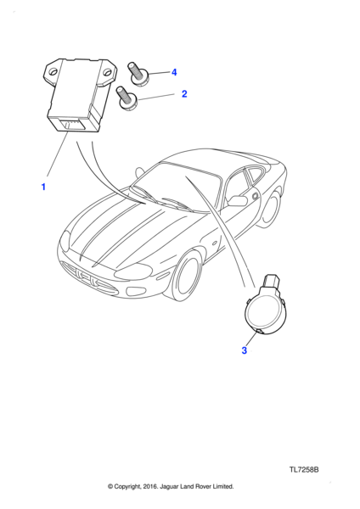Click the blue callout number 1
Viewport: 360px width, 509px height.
tap(43, 187)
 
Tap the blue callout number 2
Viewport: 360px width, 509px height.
tap(184, 94)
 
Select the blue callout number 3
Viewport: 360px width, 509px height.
tap(244, 350)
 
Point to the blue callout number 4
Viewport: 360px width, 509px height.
tap(174, 72)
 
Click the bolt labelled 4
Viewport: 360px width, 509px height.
tap(138, 74)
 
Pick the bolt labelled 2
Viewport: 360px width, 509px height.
tap(127, 98)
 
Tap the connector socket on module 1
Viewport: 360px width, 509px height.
tap(70, 125)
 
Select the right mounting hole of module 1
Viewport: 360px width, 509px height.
tap(107, 73)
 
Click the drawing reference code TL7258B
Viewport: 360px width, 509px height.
tap(304, 470)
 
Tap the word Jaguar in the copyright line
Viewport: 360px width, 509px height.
tap(170, 486)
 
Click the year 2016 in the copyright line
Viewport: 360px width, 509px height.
tap(150, 486)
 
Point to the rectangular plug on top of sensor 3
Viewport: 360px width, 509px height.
tap(272, 282)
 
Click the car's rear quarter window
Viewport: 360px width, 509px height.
tap(255, 175)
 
